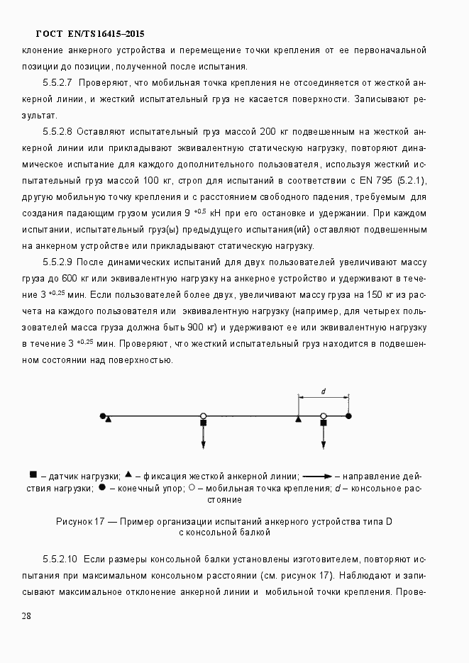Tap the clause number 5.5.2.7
(x=59, y=83)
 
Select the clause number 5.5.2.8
(x=59, y=132)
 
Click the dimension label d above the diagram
(x=323, y=391)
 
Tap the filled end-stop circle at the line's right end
(x=348, y=416)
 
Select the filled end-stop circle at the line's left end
(x=104, y=416)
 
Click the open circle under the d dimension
(x=323, y=416)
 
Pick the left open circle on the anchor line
(x=203, y=416)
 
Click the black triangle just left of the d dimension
(x=298, y=420)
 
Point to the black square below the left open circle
(x=203, y=423)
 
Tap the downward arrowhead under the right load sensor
(x=323, y=445)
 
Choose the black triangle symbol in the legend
(x=128, y=474)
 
